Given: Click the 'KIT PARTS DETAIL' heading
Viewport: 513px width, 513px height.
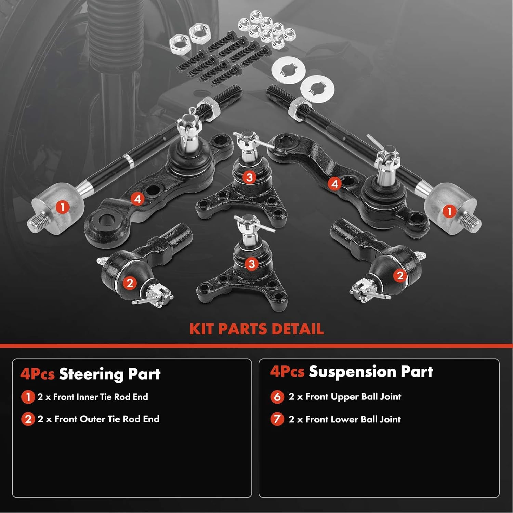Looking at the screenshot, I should click(256, 329).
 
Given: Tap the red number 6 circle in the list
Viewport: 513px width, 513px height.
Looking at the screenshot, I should click(277, 397).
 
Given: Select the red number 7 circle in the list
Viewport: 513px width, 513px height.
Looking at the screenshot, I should click(277, 419).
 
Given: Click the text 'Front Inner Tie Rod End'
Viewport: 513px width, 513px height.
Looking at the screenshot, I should click(100, 397).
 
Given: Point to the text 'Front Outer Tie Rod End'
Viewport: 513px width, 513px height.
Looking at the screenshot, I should click(107, 419).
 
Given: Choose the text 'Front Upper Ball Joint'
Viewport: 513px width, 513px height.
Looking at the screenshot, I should click(353, 397).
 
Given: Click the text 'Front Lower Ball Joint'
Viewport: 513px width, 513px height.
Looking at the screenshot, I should click(353, 419).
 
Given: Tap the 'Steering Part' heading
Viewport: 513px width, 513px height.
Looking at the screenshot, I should click(109, 374).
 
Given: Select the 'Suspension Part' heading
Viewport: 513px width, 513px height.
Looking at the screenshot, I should click(371, 372).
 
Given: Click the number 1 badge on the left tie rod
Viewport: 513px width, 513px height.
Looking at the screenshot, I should click(62, 207).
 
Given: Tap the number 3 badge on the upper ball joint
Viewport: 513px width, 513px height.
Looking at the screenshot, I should click(249, 177).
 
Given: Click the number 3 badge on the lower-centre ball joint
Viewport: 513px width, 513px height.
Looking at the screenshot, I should click(252, 264).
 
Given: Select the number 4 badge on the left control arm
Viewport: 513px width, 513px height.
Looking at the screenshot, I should click(137, 199).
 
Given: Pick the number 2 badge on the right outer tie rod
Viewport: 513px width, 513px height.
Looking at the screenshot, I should click(400, 275).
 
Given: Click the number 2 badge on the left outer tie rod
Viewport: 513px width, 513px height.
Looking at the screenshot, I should click(130, 283).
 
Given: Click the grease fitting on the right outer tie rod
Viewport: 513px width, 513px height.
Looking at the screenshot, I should click(421, 255).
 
